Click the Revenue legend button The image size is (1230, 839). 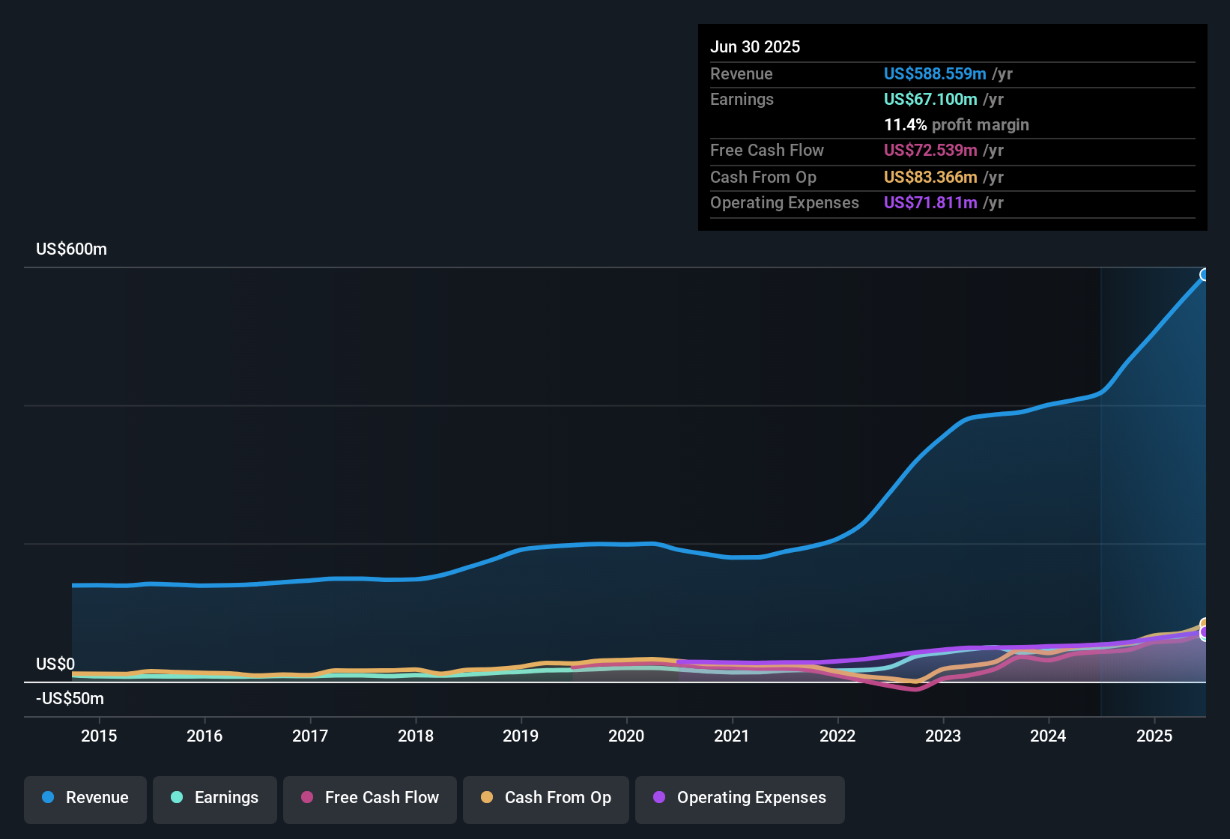tap(85, 798)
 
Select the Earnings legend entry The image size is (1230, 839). tap(215, 798)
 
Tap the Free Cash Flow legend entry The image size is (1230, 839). tap(370, 798)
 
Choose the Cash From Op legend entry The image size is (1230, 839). tap(546, 798)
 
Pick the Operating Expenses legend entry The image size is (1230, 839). tap(740, 798)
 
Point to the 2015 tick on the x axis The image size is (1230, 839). tap(99, 736)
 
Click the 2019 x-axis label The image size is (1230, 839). tap(521, 736)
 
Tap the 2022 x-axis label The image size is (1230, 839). tap(837, 736)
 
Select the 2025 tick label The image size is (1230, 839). tap(1154, 736)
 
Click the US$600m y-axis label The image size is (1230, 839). tap(71, 249)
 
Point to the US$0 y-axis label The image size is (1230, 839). tap(55, 664)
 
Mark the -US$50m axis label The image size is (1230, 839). tap(70, 699)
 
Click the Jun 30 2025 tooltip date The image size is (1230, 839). tap(755, 47)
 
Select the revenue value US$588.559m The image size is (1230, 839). tap(934, 74)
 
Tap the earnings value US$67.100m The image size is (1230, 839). tap(930, 100)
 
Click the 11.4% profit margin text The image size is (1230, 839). tap(956, 125)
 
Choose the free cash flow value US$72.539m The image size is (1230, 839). tap(930, 151)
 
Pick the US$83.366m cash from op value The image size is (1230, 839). tap(930, 178)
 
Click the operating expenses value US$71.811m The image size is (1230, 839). tap(930, 203)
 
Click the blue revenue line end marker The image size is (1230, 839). tap(1205, 275)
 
